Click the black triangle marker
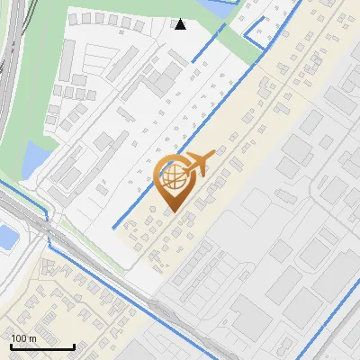(x=181, y=24)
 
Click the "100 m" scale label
(x=23, y=338)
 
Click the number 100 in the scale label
(x=19, y=338)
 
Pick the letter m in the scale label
(x=33, y=338)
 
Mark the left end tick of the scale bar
(x=11, y=346)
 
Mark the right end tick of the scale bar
(x=74, y=346)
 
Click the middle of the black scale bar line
(x=42, y=347)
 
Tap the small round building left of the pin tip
(x=152, y=210)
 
